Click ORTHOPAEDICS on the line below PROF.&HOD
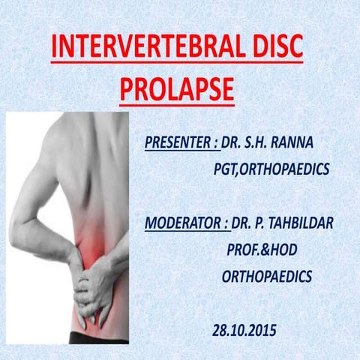pos(267,277)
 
